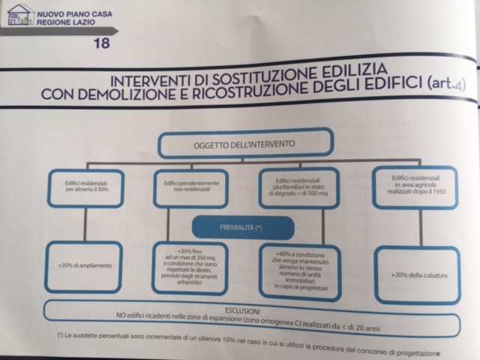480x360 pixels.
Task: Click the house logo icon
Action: tap(20, 15)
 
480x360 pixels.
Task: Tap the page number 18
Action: tap(102, 43)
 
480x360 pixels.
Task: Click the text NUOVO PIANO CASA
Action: tap(75, 14)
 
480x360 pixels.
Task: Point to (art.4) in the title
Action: tap(446, 83)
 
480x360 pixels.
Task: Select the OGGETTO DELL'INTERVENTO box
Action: tap(245, 143)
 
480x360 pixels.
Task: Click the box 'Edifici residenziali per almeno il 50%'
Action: tap(86, 188)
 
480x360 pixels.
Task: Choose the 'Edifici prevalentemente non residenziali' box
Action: tap(191, 188)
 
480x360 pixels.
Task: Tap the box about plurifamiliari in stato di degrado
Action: tap(299, 187)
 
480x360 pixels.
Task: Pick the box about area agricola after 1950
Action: tap(415, 187)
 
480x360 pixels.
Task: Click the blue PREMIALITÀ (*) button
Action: tap(243, 227)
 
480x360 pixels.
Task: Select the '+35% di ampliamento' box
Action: tap(84, 266)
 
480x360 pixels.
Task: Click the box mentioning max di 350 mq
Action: tap(190, 268)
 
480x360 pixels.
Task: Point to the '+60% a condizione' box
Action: tap(300, 271)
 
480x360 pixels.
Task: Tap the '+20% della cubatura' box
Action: tap(418, 275)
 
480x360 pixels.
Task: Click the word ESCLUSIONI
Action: tap(242, 311)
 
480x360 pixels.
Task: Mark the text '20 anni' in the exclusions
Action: tap(367, 328)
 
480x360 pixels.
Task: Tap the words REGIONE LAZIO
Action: tap(66, 22)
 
